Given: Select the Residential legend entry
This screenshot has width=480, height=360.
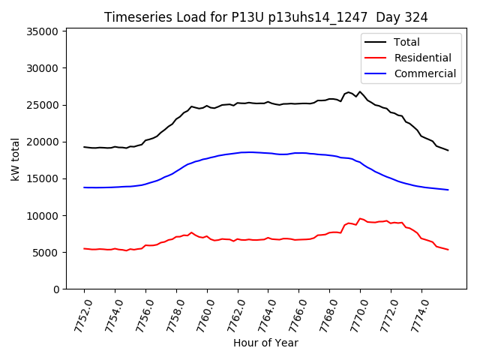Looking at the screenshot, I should (x=423, y=58).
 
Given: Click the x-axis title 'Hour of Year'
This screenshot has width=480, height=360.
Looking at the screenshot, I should (x=265, y=343).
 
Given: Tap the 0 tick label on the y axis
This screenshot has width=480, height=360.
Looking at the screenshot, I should (x=56, y=289).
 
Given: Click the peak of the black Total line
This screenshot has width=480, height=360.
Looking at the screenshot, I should (x=360, y=91).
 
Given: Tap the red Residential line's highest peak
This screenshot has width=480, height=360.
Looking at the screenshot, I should (x=360, y=218).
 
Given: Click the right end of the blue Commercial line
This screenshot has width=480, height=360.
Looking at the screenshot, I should (x=448, y=190).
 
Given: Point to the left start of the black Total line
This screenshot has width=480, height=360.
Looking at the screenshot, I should (x=84, y=147).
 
